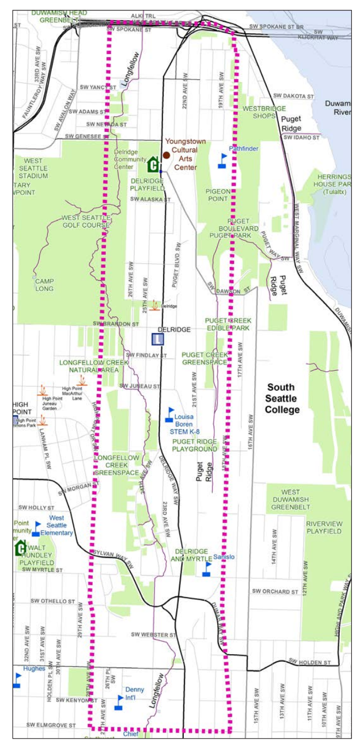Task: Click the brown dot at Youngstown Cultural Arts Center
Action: click(166, 155)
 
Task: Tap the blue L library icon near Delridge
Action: click(158, 339)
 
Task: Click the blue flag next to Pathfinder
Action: click(223, 161)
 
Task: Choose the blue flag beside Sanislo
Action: click(207, 569)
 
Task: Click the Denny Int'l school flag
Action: click(118, 702)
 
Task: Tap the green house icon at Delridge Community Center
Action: click(154, 163)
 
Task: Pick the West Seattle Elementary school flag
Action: click(36, 528)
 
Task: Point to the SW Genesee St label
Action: click(83, 136)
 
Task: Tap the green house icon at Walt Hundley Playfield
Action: click(21, 547)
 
